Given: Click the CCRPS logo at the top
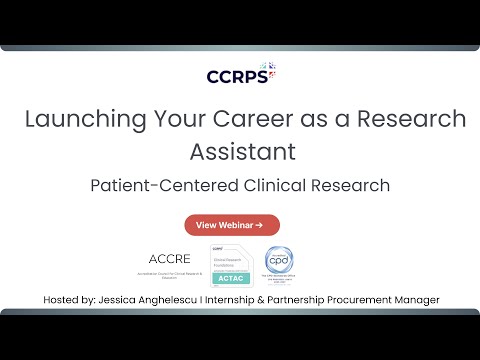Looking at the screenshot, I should (x=240, y=75).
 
